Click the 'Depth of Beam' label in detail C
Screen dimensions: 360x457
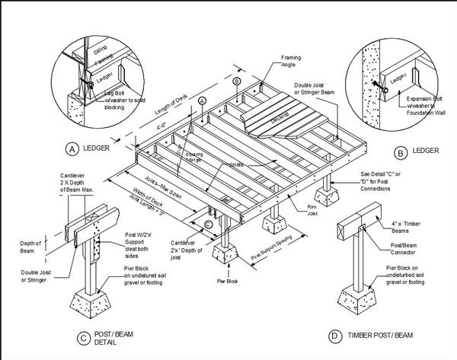(30, 247)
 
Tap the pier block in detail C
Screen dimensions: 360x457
(97, 303)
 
